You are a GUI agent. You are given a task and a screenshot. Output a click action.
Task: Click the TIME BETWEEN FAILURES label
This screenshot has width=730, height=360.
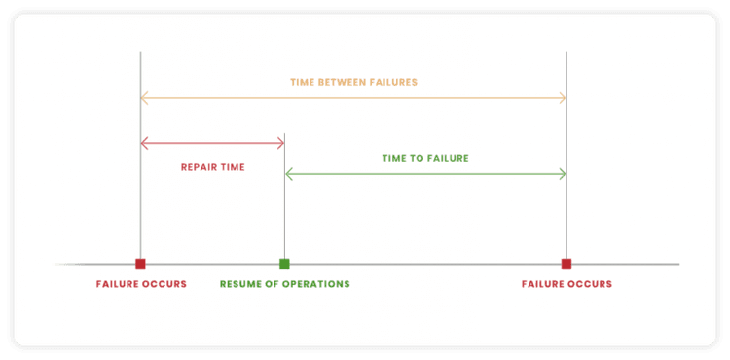(353, 82)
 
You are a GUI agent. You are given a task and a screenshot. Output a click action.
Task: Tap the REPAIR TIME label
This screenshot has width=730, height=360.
(212, 167)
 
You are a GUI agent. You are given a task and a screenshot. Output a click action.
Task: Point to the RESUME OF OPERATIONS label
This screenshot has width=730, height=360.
(284, 284)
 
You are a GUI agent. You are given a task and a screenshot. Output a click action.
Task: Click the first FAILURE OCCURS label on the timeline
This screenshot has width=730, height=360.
(141, 284)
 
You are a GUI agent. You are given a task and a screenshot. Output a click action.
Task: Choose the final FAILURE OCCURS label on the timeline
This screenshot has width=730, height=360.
(566, 284)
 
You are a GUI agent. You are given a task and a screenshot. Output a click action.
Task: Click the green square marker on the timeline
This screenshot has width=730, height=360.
(284, 263)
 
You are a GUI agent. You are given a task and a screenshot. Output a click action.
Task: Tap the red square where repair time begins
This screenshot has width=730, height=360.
(140, 263)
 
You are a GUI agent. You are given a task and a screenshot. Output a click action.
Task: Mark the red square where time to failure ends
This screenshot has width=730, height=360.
(566, 263)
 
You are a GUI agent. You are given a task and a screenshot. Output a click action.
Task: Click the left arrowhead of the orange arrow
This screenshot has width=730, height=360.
(144, 97)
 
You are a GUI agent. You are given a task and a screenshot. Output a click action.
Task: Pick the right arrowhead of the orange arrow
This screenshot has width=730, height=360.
(563, 97)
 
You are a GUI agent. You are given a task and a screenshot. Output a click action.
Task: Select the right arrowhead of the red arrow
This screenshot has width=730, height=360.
(280, 143)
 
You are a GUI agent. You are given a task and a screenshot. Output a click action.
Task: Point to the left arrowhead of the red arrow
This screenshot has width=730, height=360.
(144, 143)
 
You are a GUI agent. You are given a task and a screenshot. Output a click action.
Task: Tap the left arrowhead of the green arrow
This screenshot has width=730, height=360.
(288, 174)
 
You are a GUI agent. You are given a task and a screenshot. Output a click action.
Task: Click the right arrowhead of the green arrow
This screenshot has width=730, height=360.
(563, 174)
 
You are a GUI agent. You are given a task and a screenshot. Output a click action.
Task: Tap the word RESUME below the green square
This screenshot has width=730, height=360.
(239, 284)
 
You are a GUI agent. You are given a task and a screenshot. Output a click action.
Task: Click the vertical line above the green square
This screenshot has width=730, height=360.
(284, 204)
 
